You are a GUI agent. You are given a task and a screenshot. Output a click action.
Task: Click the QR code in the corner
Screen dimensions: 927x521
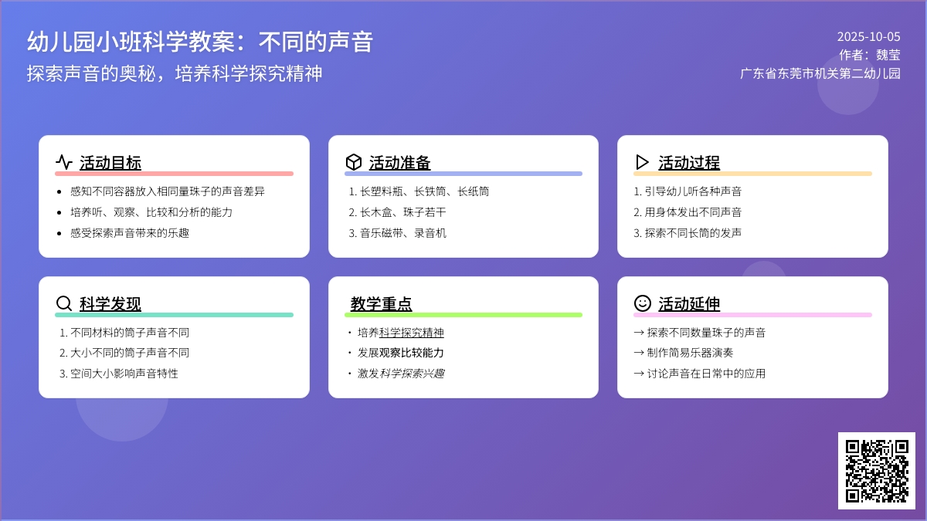[x=877, y=471]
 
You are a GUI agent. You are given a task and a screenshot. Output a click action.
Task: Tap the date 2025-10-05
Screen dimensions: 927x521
[x=868, y=37]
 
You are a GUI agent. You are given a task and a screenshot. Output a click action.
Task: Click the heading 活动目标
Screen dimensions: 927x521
[x=110, y=163]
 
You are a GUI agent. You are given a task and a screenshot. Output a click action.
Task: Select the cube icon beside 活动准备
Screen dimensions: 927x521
[x=354, y=162]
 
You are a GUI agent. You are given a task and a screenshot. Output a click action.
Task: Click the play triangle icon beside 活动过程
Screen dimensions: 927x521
[x=641, y=162]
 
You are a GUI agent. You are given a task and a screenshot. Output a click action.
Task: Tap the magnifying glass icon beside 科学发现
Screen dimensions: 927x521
[x=63, y=303]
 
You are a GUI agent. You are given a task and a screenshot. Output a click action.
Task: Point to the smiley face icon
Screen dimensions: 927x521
[x=642, y=303]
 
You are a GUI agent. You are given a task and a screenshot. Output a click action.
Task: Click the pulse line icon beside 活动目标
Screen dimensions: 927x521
[x=63, y=162]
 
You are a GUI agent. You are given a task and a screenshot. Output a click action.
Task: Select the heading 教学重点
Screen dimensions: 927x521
[x=381, y=303]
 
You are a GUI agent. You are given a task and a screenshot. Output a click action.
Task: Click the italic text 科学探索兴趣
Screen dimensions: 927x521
[x=412, y=374]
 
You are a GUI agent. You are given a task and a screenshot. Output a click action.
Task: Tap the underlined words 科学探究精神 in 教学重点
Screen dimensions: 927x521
[x=411, y=333]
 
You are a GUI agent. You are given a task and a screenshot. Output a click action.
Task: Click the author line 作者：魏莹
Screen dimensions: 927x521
[x=870, y=55]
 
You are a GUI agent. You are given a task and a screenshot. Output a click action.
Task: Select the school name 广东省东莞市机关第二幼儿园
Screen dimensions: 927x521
[x=820, y=73]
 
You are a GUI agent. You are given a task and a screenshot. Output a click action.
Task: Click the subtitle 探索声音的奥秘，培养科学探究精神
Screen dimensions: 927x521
[x=175, y=73]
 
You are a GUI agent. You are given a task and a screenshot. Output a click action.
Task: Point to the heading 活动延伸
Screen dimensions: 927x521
[x=689, y=303]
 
